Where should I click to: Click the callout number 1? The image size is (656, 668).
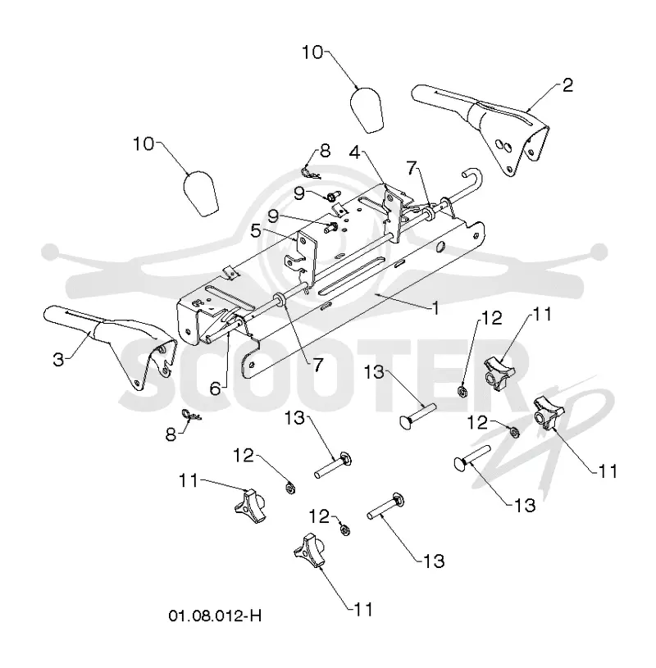coord(435,308)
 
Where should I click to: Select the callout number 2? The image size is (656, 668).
coord(567,85)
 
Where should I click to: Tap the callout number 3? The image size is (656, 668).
coord(58,360)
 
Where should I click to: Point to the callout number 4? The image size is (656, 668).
coord(356,152)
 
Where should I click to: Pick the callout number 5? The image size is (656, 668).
coord(255,231)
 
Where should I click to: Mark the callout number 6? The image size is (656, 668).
coord(216,389)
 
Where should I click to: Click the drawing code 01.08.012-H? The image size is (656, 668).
coord(216,616)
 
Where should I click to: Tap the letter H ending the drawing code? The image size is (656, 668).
coord(256,616)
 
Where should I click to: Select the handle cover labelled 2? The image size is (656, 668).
coord(481,128)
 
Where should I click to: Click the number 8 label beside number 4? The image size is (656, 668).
coord(325,150)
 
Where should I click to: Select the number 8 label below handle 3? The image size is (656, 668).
coord(171,434)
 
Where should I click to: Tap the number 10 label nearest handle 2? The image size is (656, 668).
coord(312,52)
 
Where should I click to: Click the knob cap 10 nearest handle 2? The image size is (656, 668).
coord(367,110)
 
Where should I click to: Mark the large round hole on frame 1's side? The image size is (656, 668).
coord(440,246)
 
